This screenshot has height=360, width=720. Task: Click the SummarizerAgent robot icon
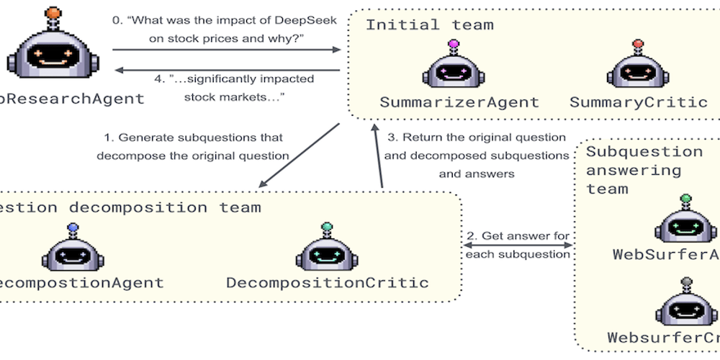click(454, 69)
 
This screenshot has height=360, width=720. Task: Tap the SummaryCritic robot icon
click(637, 69)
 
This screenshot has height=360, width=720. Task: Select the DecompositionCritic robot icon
click(328, 251)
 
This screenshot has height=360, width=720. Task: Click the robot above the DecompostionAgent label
click(72, 251)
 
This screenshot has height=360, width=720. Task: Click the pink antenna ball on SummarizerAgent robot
click(454, 45)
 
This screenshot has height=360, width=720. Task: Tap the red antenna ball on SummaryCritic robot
click(637, 45)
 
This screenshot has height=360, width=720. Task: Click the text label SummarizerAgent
click(459, 102)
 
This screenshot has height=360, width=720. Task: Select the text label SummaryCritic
click(639, 102)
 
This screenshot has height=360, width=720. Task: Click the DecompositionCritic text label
click(328, 282)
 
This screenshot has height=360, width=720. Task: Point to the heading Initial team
click(430, 24)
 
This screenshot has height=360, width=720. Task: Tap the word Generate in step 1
click(141, 138)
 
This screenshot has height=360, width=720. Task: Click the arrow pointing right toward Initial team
click(227, 50)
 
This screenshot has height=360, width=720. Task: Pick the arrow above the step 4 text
click(227, 69)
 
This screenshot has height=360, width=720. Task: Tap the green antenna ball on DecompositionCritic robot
click(328, 227)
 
